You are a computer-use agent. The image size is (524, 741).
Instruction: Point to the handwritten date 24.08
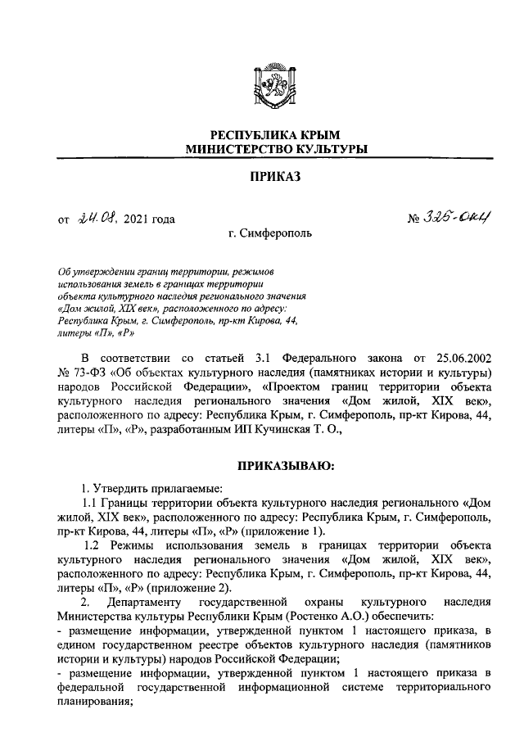98,218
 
